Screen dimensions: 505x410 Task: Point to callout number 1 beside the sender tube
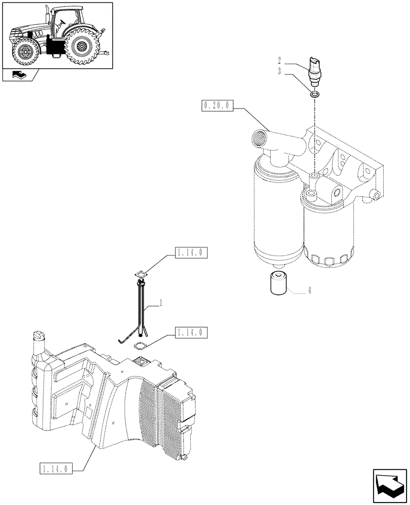161,303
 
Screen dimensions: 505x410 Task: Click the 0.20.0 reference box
217,106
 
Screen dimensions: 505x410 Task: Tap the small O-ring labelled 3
315,94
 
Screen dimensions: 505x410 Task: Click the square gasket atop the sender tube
141,275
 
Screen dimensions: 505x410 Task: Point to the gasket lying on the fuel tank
139,346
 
